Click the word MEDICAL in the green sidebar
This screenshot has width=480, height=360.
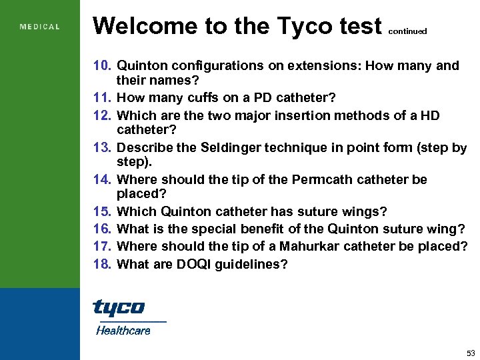(x=40, y=27)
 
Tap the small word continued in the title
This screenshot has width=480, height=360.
(x=407, y=31)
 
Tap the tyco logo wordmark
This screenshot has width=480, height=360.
(x=118, y=307)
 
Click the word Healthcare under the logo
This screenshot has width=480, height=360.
(x=123, y=330)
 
